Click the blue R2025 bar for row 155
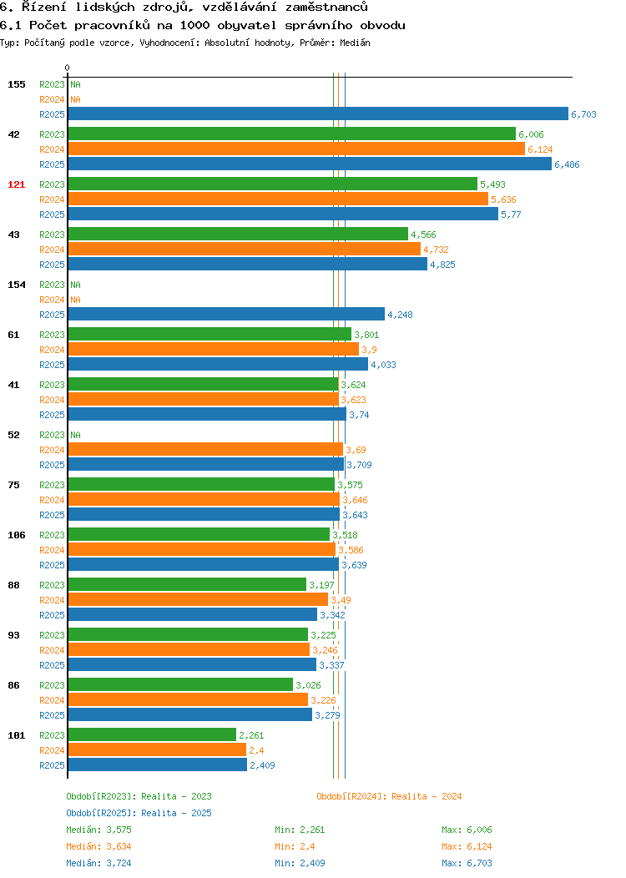(x=318, y=114)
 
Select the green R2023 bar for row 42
(x=292, y=134)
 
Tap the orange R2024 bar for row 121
(x=278, y=199)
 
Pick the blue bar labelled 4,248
(x=226, y=314)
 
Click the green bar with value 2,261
(x=152, y=734)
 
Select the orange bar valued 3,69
(x=205, y=449)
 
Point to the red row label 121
(x=16, y=184)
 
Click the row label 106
(x=16, y=535)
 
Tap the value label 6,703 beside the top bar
(x=583, y=114)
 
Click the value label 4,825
(x=442, y=265)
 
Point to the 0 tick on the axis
(x=68, y=68)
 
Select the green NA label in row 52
(x=76, y=435)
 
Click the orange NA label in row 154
(x=76, y=300)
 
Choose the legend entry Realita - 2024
(x=389, y=796)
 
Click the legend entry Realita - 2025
(x=139, y=813)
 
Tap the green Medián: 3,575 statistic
(x=98, y=830)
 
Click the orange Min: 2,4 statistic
(x=294, y=846)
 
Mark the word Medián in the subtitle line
(x=355, y=43)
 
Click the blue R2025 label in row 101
(x=52, y=765)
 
